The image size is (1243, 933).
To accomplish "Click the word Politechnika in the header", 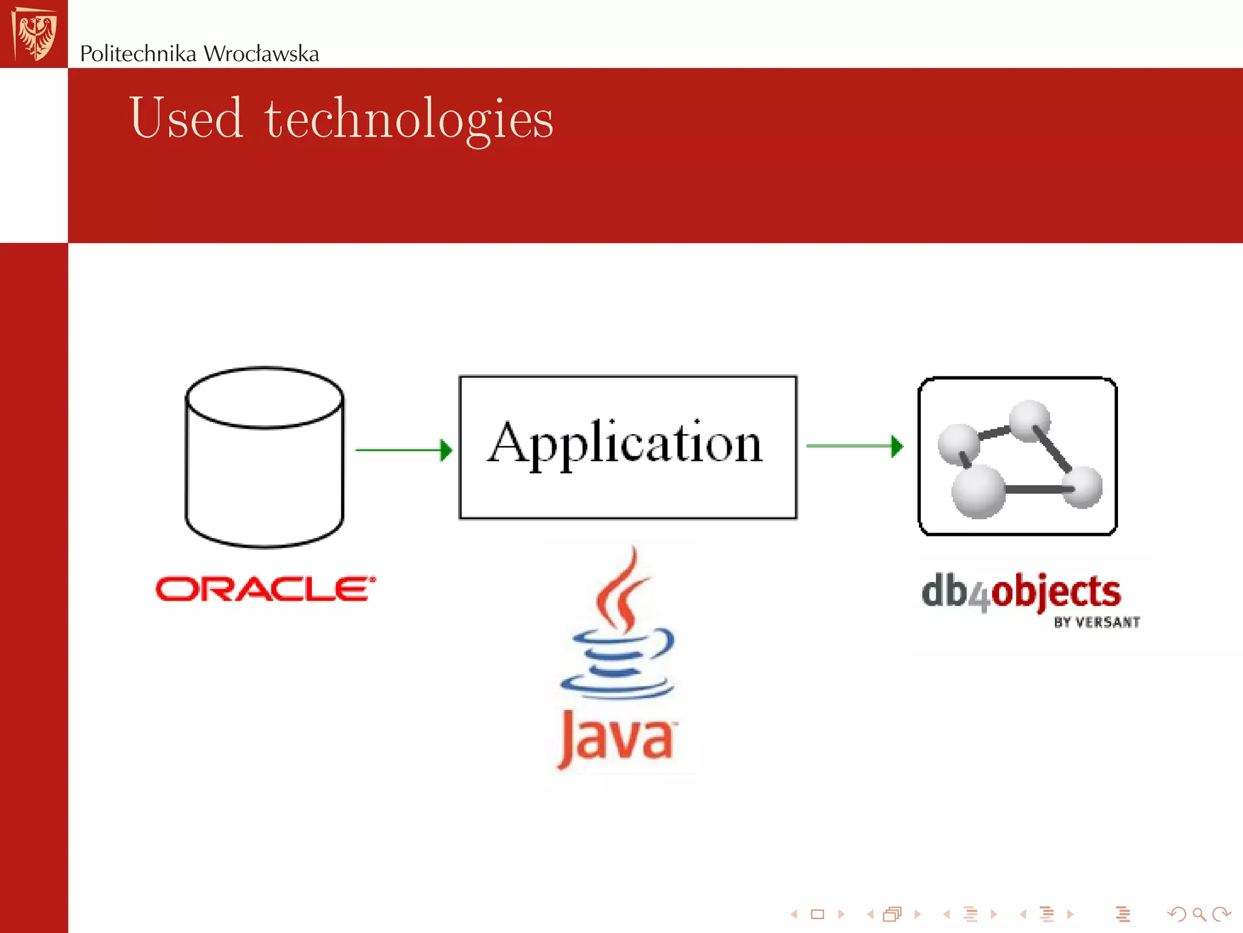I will point(138,54).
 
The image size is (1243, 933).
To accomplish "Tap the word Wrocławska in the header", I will point(261,54).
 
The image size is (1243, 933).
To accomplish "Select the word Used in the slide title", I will point(186,118).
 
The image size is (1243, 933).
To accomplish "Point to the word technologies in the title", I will point(408,120).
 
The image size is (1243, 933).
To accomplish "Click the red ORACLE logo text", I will point(265,589).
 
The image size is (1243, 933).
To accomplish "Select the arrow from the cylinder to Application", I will point(403,450).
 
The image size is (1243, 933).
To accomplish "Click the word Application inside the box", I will point(625,444).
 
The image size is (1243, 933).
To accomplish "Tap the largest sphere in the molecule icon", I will point(978,491).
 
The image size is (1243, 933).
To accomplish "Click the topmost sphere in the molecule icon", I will point(1029,420).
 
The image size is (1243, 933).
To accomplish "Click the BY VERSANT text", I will point(1096,623).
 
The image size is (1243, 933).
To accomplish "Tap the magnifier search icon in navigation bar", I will point(1198,914).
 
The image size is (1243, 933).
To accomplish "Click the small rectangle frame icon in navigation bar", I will point(818,914).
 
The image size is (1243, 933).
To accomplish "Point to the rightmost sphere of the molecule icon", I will point(1082,487).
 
